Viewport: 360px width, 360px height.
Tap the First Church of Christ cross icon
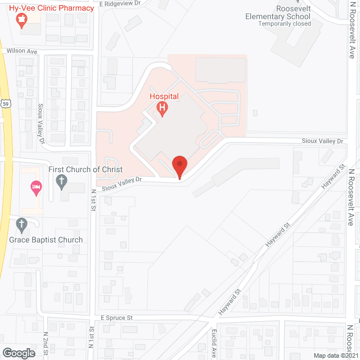pyautogui.click(x=62, y=182)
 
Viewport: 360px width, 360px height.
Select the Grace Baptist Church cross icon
pyautogui.click(x=22, y=226)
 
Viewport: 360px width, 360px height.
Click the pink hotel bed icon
pyautogui.click(x=37, y=188)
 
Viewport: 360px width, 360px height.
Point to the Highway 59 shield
pyautogui.click(x=5, y=104)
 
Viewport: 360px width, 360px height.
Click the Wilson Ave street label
pyautogui.click(x=21, y=51)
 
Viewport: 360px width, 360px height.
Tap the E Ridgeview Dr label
pyautogui.click(x=119, y=3)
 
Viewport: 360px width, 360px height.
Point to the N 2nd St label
pyautogui.click(x=46, y=344)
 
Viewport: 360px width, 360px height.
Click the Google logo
pyautogui.click(x=19, y=353)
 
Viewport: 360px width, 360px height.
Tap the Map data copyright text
pyautogui.click(x=336, y=355)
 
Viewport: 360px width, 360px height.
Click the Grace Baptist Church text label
pyautogui.click(x=46, y=240)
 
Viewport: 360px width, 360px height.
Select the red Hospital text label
pyautogui.click(x=164, y=96)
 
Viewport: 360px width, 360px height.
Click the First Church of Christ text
pyautogui.click(x=85, y=169)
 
